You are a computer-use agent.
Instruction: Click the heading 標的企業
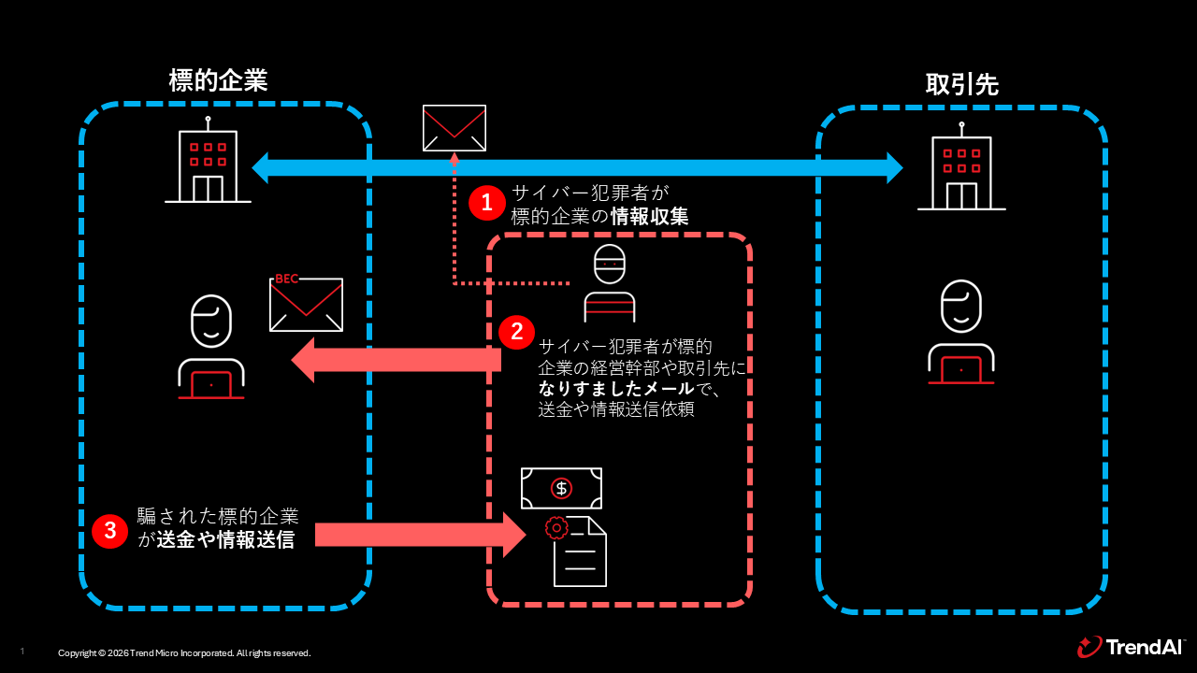(218, 80)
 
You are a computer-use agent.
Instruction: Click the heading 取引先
(961, 85)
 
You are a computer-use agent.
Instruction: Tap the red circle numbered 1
(487, 202)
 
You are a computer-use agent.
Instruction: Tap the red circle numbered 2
(516, 332)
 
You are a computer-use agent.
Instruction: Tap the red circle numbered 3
(109, 531)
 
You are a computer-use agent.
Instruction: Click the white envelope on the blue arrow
(454, 128)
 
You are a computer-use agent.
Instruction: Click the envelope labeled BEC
(306, 304)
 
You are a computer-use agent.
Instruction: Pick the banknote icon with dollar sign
(561, 488)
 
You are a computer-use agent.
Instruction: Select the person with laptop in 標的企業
(211, 348)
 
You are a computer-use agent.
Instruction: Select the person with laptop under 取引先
(960, 333)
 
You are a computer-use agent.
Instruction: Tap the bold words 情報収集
(650, 217)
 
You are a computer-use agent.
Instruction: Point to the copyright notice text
(184, 653)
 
